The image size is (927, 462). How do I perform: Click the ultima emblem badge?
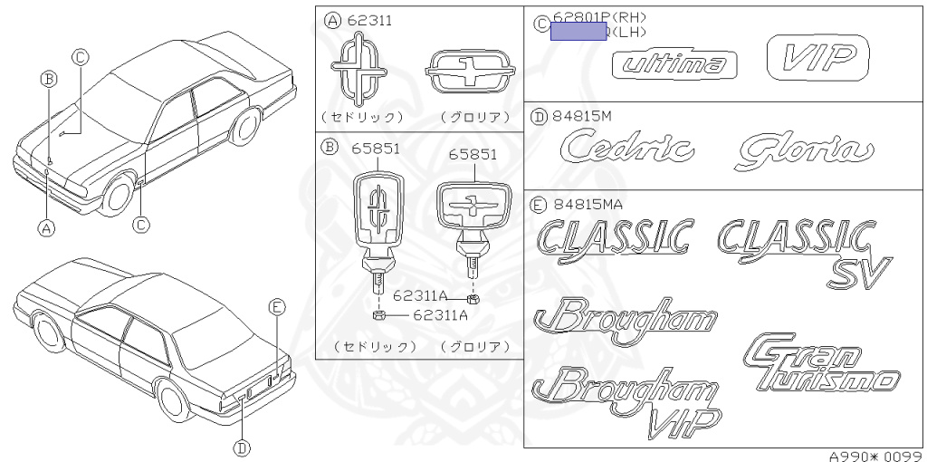click(x=674, y=64)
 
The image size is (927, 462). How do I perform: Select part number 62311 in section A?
click(x=372, y=20)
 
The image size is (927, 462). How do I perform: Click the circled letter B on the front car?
click(x=49, y=79)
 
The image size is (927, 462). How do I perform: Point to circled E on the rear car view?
click(x=278, y=307)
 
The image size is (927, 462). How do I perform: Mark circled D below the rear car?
click(x=242, y=446)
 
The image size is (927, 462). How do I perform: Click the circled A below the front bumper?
click(x=46, y=228)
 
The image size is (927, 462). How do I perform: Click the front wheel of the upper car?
click(x=116, y=195)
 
